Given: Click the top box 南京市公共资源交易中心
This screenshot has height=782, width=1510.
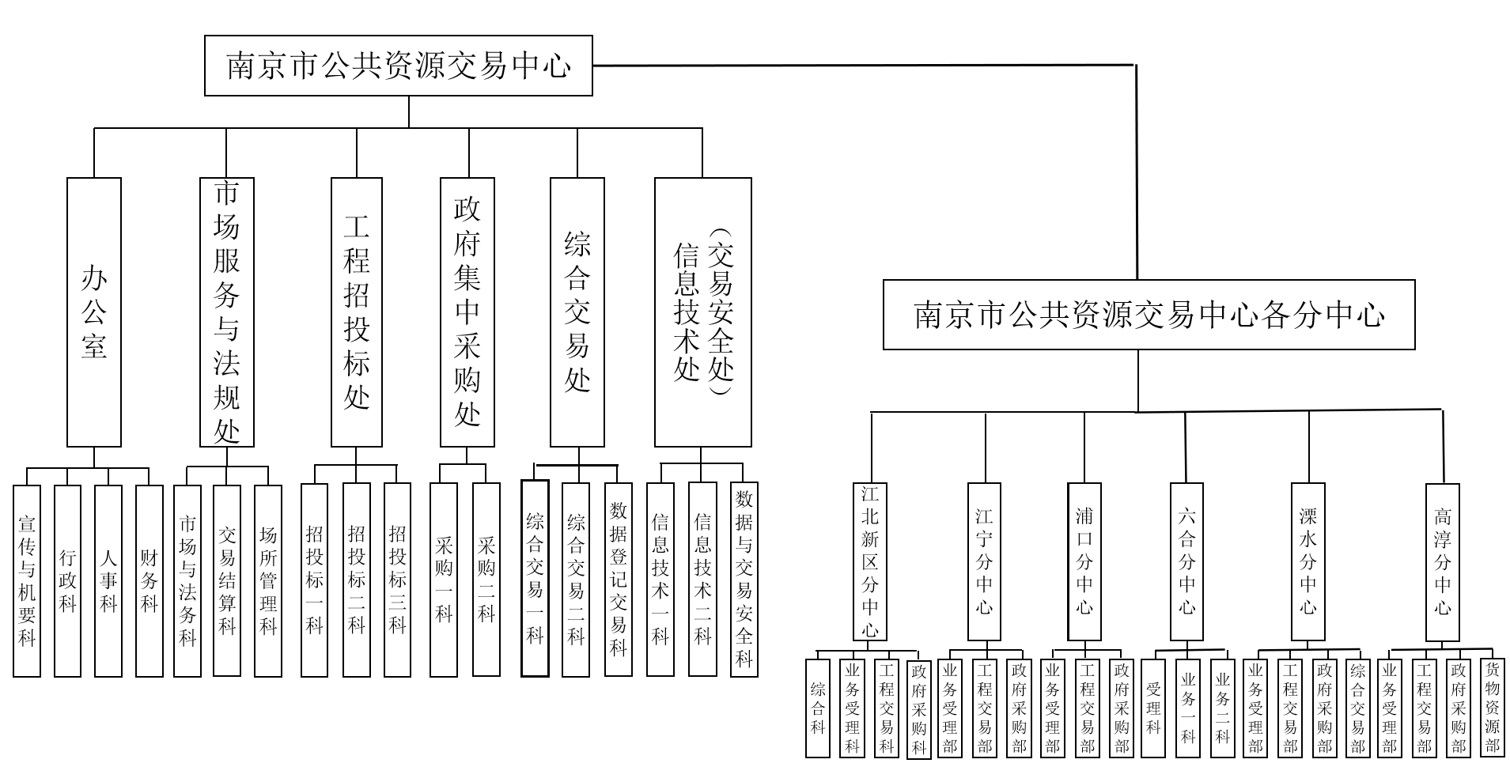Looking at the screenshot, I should coord(398,66).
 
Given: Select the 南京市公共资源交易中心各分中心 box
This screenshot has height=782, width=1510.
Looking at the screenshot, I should coord(1148,315).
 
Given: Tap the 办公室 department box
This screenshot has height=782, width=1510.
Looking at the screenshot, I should coord(94,312).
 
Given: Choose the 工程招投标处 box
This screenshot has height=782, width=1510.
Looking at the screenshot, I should coord(356,312).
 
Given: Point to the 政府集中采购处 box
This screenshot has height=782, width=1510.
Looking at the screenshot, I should coord(467,312).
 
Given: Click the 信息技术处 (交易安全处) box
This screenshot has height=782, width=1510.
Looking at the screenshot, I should coord(702,312).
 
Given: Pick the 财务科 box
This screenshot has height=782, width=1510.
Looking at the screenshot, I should coord(149,580).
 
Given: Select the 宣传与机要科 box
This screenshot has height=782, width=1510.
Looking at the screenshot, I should coord(27,580).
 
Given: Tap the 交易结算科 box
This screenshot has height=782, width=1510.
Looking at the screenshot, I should coord(227,580).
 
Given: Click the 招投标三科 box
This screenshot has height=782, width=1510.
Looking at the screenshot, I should coord(397,580).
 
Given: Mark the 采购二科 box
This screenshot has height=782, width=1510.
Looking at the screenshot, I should coord(486,580).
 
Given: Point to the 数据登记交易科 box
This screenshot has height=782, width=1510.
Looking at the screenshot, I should coord(618,580).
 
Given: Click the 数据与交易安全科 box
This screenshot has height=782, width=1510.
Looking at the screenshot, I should coord(744,580).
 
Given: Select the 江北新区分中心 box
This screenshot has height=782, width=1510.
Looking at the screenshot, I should coord(870,561).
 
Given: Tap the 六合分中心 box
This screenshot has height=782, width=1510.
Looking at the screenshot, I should coord(1186,561).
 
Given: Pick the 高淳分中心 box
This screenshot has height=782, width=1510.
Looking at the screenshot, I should coord(1442,561).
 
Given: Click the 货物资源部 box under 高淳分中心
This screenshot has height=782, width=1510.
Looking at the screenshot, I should coord(1492,707).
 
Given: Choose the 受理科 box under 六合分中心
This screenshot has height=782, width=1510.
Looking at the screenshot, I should coord(1153,707).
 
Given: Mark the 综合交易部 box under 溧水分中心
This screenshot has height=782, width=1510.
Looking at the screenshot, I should coord(1358,707).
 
